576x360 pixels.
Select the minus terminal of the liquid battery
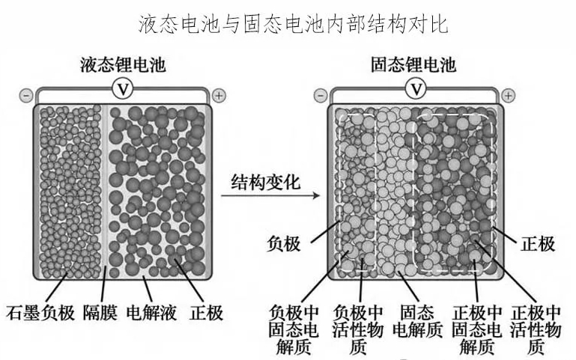pos(25,96)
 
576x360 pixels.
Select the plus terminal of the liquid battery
pos(218,95)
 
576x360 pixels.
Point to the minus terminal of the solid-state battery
pos(320,96)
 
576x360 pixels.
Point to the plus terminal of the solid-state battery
pos(509,95)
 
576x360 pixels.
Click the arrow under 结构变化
pos(270,197)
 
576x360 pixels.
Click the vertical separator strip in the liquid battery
pos(106,191)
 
